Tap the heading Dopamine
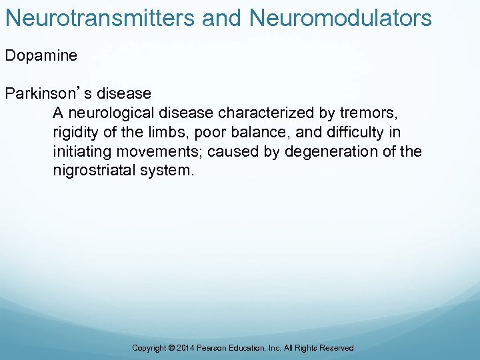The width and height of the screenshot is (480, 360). click(41, 55)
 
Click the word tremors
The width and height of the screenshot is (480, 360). click(369, 113)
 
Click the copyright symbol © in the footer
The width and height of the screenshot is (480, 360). click(172, 348)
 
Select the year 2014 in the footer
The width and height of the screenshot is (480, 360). click(187, 348)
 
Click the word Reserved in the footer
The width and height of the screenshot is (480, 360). click(337, 348)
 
